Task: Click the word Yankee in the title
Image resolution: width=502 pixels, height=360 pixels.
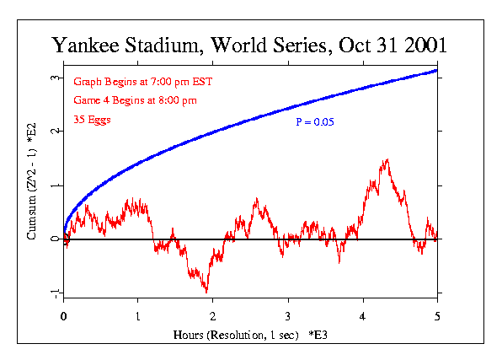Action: click(x=91, y=46)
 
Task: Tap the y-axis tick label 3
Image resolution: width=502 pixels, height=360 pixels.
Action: click(x=53, y=78)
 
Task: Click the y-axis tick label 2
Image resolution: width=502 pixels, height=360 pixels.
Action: click(x=53, y=132)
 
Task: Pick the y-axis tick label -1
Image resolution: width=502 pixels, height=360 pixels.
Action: click(x=51, y=293)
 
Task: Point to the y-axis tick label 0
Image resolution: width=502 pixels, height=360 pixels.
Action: click(x=53, y=239)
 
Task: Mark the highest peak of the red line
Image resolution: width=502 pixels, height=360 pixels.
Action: click(x=387, y=159)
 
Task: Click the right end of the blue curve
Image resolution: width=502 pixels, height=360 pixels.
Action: click(x=437, y=70)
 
